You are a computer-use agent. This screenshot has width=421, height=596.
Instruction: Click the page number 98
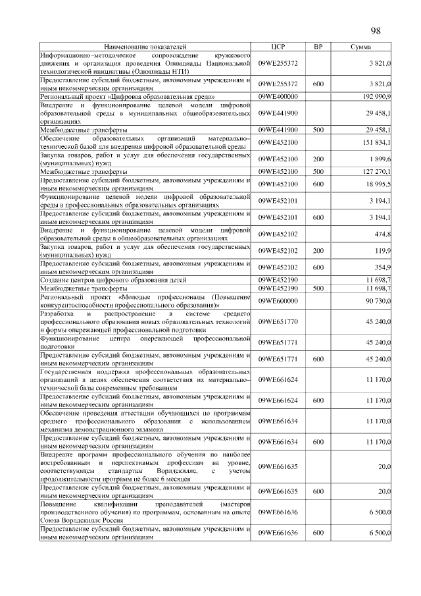pos(376,31)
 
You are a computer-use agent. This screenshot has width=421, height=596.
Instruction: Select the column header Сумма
pos(360,47)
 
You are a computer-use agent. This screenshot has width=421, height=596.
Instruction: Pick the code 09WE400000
pos(278,96)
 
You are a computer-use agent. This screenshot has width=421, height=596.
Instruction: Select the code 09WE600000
pos(278,300)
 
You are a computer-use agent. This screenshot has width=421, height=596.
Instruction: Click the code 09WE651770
pos(278,321)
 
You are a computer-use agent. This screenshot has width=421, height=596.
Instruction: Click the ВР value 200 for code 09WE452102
pos(318,251)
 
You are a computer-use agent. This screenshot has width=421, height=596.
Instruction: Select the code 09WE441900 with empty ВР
pos(278,113)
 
